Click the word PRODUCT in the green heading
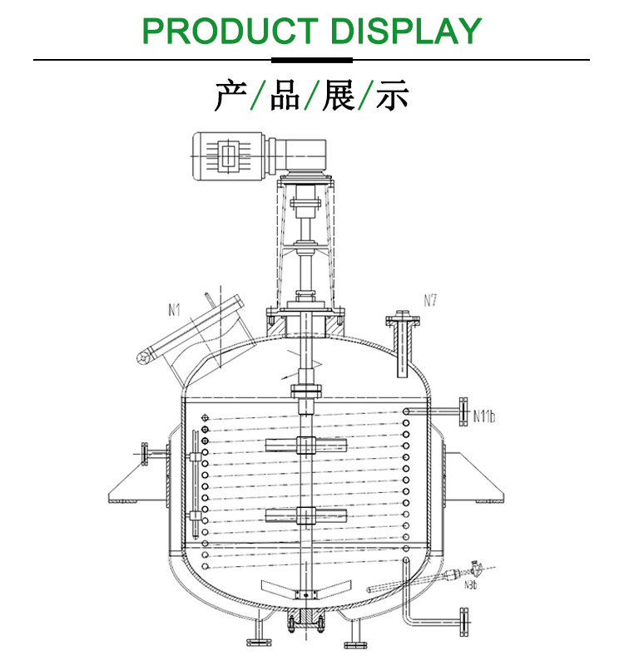click(x=230, y=31)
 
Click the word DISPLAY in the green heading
click(x=406, y=31)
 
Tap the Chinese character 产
click(x=231, y=95)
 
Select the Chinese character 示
click(x=392, y=95)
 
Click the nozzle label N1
click(x=174, y=310)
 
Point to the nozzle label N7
click(x=430, y=301)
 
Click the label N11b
click(x=484, y=416)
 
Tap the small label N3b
click(x=470, y=585)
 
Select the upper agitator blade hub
click(x=305, y=446)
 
